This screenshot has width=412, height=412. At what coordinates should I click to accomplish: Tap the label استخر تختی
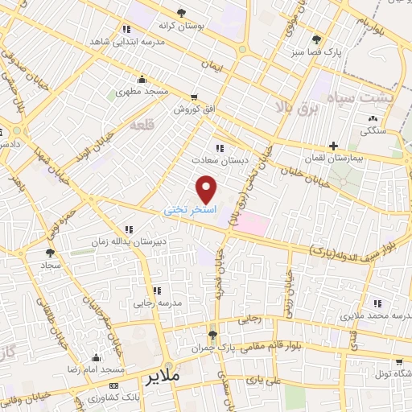point(187,208)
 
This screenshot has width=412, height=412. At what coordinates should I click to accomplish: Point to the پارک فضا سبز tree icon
point(316,39)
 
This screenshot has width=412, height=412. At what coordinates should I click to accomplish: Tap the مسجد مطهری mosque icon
point(142,79)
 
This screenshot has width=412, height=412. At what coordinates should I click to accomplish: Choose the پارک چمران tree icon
point(212,335)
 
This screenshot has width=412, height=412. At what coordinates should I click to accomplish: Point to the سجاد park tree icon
point(50,252)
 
